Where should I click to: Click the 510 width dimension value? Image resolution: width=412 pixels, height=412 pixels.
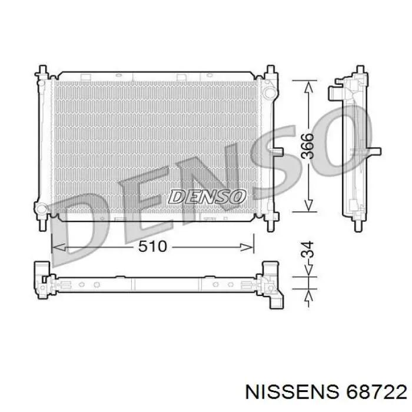click(x=152, y=247)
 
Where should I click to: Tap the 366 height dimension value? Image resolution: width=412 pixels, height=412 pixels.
click(x=307, y=146)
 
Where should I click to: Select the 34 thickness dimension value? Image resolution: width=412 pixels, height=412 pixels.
click(x=307, y=249)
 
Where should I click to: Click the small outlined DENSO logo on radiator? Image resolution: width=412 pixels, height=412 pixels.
click(x=207, y=197)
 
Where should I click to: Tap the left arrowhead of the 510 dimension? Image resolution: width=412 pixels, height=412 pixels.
click(x=59, y=247)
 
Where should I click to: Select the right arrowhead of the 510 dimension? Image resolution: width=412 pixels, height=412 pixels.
click(x=247, y=247)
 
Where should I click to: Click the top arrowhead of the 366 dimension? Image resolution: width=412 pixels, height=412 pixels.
click(x=308, y=87)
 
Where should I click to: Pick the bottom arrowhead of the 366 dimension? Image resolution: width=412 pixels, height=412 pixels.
click(x=308, y=205)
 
